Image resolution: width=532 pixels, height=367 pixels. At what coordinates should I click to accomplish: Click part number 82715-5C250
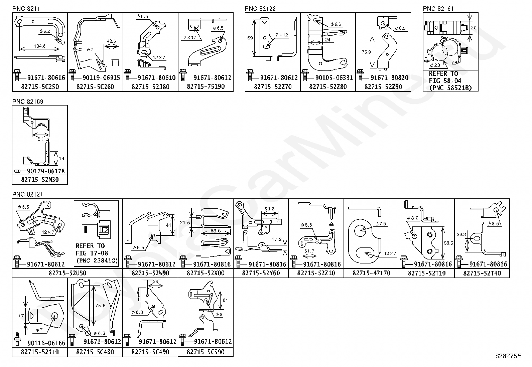point(40,87)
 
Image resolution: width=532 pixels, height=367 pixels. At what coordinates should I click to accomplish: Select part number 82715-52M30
point(40,180)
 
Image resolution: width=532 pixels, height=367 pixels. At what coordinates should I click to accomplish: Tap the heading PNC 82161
point(438,9)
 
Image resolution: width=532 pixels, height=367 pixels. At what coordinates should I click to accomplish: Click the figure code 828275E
point(508,356)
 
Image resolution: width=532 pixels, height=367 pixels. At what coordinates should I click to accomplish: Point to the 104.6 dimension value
point(39,46)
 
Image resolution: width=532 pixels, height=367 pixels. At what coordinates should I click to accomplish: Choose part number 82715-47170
point(371,273)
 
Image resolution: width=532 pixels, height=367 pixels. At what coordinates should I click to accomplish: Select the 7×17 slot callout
point(189,37)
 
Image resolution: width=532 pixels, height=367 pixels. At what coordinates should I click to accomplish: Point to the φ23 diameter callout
point(435,65)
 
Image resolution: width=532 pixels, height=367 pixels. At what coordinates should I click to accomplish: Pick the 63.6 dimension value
point(216,231)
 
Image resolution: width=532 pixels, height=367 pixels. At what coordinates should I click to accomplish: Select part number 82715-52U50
point(67,273)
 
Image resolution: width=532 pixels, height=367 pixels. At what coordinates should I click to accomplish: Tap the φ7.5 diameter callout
point(380,224)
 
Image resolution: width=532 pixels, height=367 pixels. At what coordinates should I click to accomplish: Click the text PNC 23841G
point(97,260)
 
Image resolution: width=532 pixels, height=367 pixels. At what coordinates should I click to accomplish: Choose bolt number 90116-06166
point(46,343)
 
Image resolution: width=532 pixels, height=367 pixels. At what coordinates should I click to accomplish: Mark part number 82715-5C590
point(206,352)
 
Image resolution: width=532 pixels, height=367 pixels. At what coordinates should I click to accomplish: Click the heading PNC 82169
point(28,102)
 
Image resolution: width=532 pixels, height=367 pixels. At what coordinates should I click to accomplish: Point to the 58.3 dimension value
point(269,209)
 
